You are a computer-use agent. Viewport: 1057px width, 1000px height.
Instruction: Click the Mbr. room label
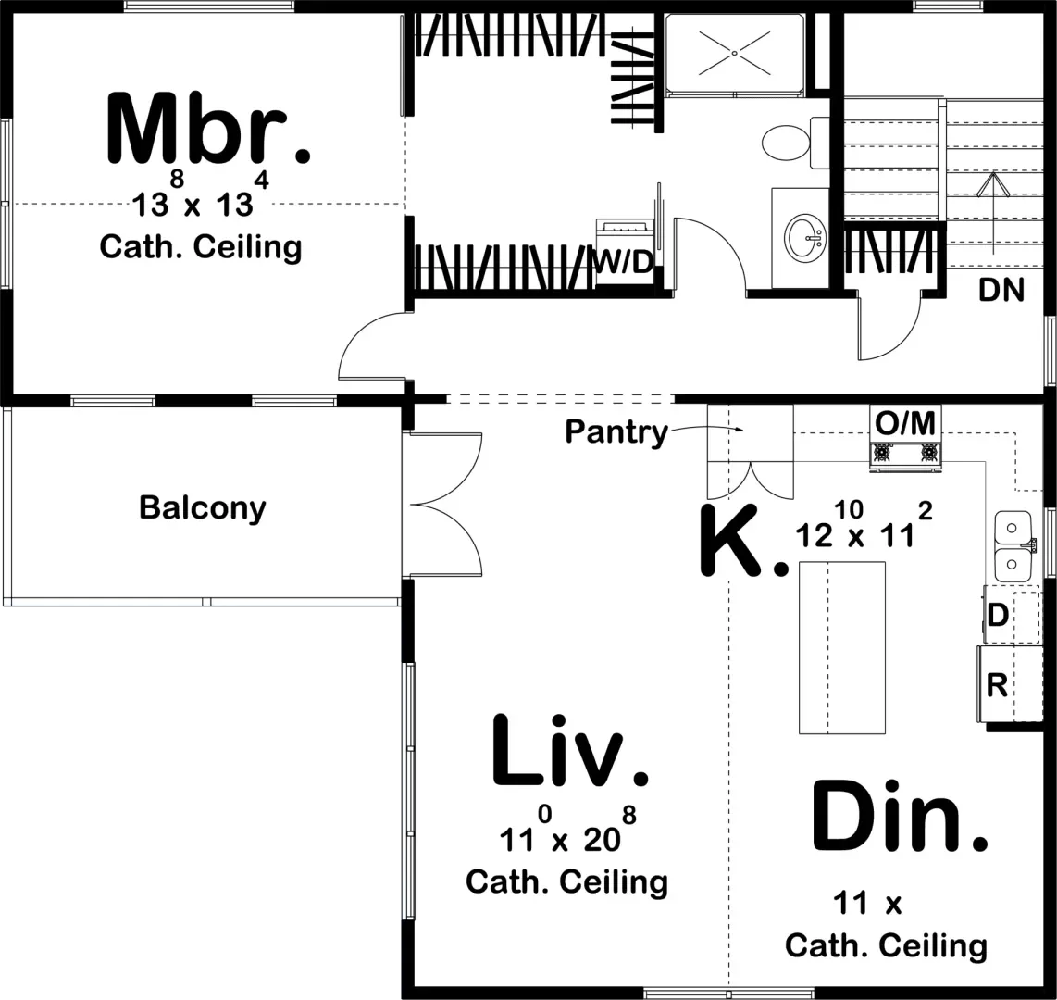point(208,130)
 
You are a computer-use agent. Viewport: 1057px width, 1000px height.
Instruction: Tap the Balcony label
point(202,508)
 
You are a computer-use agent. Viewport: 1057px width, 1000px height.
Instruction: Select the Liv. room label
point(568,751)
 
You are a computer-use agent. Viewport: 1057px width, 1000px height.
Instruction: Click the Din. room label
point(899,817)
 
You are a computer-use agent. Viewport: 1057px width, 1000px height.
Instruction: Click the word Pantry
point(616,432)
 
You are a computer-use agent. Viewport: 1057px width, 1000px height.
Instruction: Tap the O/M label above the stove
point(904,424)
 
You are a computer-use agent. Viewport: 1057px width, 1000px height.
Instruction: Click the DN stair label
point(1001,291)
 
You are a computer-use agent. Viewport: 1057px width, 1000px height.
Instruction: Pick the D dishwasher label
point(998,614)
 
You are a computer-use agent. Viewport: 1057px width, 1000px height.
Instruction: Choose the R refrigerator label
point(997,686)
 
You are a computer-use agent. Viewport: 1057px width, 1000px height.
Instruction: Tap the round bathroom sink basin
point(806,238)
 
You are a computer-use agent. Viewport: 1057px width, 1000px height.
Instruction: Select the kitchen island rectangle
point(841,647)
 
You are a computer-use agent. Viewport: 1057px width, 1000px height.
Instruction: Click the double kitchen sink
point(1013,545)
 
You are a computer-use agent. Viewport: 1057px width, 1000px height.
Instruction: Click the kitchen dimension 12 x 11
point(856,535)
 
